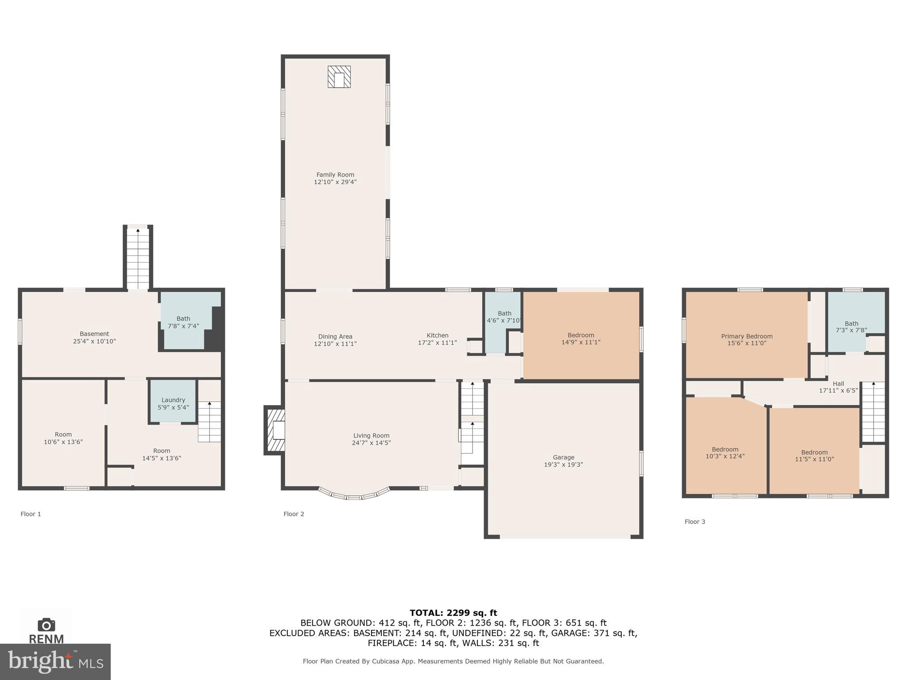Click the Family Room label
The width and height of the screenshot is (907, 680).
coord(335,175)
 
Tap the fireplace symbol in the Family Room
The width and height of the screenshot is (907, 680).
coord(339,77)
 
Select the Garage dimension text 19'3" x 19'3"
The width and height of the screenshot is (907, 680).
coord(563,464)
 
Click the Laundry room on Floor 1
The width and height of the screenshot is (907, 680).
coord(173,401)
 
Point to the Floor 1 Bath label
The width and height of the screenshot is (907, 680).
coord(183,319)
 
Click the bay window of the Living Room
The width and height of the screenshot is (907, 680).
coord(354,495)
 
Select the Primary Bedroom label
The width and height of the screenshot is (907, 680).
coord(747,336)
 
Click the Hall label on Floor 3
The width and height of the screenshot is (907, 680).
coord(838,384)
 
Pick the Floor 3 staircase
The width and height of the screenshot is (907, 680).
coord(873,412)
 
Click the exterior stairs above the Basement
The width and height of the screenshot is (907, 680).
coord(138,258)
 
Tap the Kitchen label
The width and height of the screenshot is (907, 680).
coord(438,336)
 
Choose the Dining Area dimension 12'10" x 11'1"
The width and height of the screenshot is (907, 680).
coord(335,344)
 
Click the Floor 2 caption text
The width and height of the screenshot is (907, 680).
coord(294,514)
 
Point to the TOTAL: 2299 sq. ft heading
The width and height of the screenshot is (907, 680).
coord(453,613)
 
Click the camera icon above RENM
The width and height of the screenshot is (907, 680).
coord(46,625)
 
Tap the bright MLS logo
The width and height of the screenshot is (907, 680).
coord(55,661)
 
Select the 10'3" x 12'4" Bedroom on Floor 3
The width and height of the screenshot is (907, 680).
coord(725,452)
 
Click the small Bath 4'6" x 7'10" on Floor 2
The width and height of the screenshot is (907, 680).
coord(503,317)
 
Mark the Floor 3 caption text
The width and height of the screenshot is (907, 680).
coord(694,522)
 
